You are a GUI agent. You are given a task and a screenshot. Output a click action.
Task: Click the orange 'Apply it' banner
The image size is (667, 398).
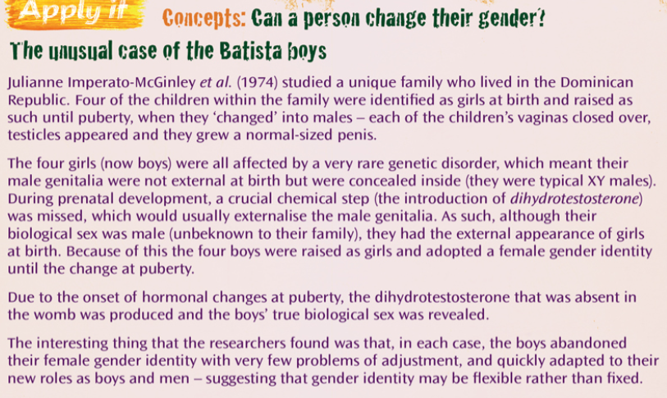click(75, 13)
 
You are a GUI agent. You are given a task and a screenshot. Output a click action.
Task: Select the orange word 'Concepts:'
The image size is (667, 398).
click(204, 18)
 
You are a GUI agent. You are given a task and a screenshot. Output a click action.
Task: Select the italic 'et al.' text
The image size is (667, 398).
click(216, 82)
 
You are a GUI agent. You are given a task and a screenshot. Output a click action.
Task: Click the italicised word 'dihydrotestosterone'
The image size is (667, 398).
click(574, 199)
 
